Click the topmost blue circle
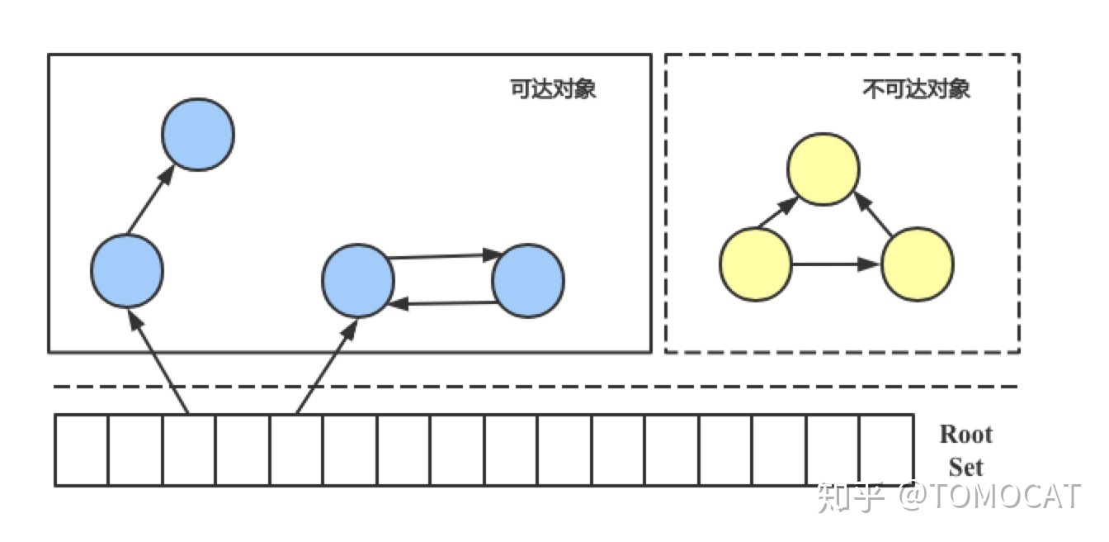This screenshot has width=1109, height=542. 198,134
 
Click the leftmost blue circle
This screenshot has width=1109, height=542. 127,270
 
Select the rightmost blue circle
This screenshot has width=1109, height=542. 528,281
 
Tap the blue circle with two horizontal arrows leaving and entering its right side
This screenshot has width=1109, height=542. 357,280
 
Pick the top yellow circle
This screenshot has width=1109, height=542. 823,169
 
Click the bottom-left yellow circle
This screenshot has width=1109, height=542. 756,264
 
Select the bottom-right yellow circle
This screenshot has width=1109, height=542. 918,264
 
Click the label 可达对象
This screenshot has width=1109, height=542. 553,89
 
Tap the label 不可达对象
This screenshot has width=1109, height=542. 916,89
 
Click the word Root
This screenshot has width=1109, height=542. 966,435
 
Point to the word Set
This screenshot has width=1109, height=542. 965,467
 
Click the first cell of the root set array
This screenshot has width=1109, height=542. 82,449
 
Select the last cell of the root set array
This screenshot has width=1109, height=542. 886,449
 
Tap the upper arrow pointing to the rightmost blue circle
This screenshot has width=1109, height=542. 441,256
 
